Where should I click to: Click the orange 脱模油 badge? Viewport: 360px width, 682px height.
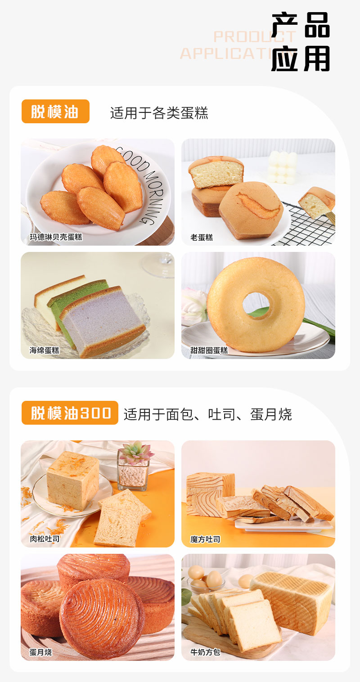(55, 112)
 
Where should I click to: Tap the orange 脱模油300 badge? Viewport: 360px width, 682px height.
(70, 413)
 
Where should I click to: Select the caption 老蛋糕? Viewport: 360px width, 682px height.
(202, 237)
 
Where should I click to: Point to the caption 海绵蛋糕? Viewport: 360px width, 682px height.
(45, 350)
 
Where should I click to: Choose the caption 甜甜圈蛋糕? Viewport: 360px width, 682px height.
(209, 350)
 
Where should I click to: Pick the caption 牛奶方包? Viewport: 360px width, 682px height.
(205, 652)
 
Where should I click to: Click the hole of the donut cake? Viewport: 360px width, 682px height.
(256, 303)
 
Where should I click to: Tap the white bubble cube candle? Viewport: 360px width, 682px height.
(282, 166)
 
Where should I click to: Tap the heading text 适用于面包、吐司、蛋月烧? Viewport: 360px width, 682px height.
(207, 414)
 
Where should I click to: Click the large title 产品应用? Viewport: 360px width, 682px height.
(301, 42)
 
